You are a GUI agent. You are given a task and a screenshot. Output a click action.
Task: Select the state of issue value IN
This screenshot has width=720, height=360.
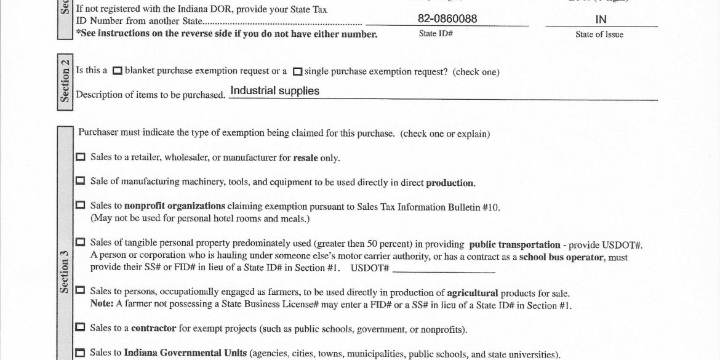(x=601, y=20)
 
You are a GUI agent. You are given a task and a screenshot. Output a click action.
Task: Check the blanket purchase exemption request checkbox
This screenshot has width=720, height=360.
(x=118, y=71)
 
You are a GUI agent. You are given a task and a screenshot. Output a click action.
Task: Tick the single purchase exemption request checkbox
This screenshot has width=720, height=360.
(x=298, y=71)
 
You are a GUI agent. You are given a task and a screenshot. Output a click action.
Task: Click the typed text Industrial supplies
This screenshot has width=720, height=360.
(x=274, y=91)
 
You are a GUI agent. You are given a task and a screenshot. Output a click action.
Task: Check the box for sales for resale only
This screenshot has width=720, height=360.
(x=81, y=158)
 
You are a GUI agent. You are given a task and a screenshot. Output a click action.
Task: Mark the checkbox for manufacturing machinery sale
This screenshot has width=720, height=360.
(x=81, y=182)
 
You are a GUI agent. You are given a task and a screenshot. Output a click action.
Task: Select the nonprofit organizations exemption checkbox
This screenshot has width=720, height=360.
(x=81, y=206)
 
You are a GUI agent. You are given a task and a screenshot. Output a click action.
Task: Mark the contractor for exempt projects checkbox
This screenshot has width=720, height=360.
(x=81, y=328)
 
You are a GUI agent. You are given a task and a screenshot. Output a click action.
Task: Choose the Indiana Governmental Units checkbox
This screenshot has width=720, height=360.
(x=81, y=353)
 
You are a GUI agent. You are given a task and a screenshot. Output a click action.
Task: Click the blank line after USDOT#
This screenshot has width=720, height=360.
(x=444, y=269)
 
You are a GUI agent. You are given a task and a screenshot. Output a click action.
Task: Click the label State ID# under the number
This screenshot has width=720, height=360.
(x=436, y=34)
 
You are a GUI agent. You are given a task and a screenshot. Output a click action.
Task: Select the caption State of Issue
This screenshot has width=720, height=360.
(x=599, y=35)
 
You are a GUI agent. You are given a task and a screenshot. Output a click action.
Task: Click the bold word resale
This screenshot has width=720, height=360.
(x=305, y=158)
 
